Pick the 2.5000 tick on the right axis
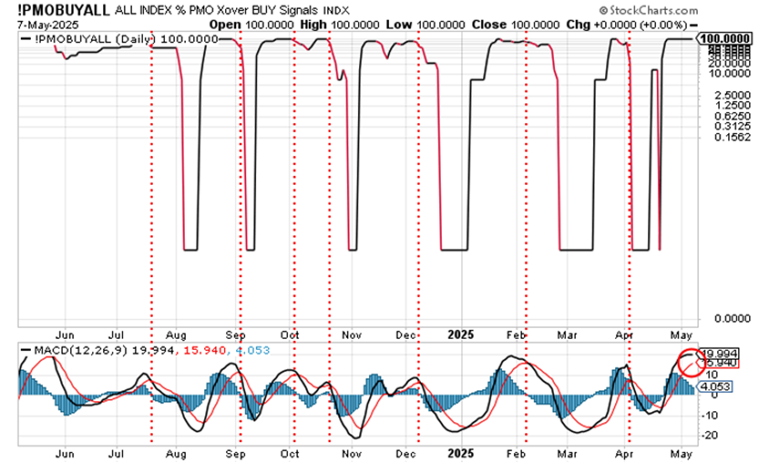[716, 94]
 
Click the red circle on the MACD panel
[691, 362]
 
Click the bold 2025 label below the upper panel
[458, 333]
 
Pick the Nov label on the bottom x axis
[347, 450]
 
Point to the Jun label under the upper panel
[64, 333]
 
